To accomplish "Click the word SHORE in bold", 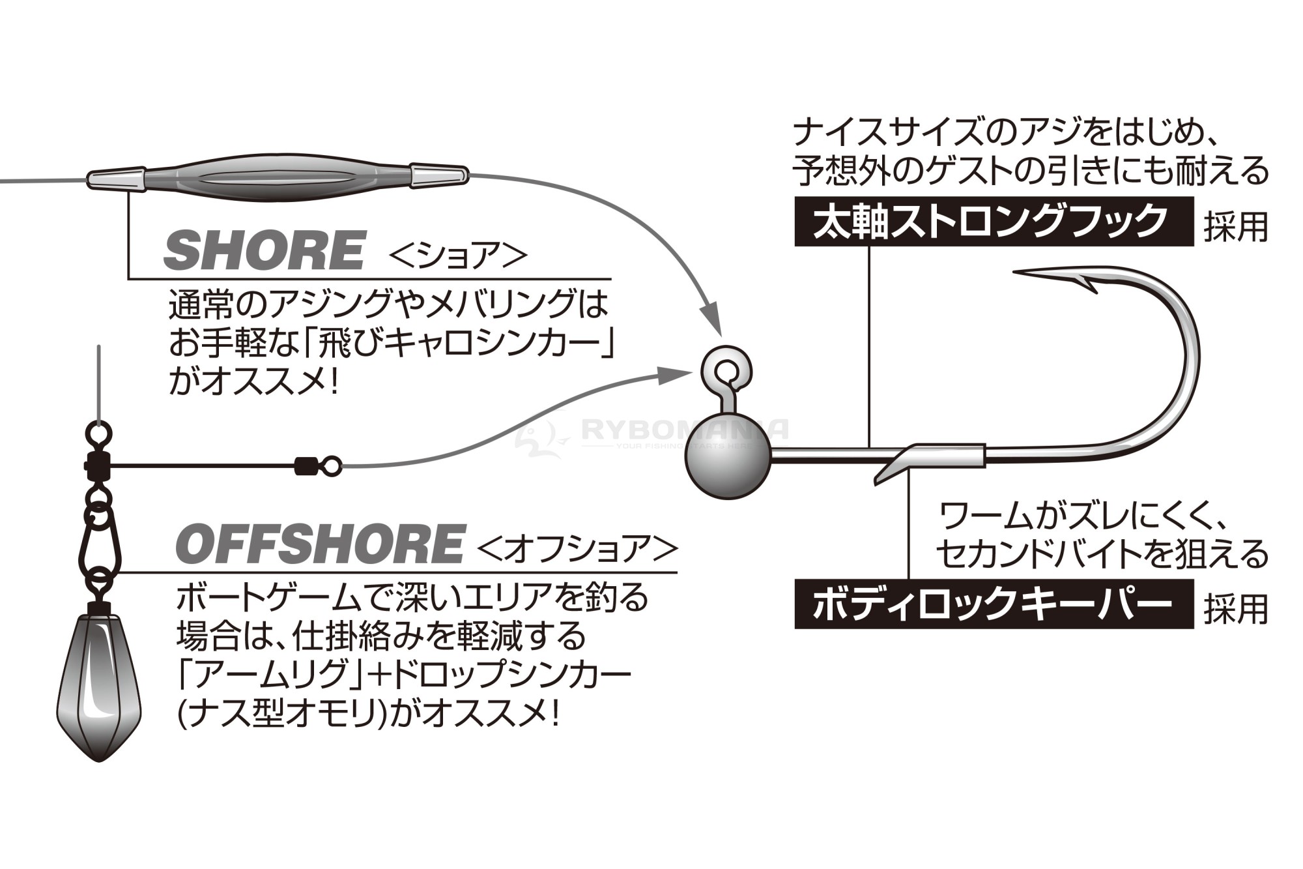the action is coord(263,250).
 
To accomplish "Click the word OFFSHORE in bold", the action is coord(319,544).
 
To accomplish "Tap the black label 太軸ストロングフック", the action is coord(994,221).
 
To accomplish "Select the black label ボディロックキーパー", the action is coord(994,604).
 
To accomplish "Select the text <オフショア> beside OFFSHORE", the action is coord(577,548).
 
